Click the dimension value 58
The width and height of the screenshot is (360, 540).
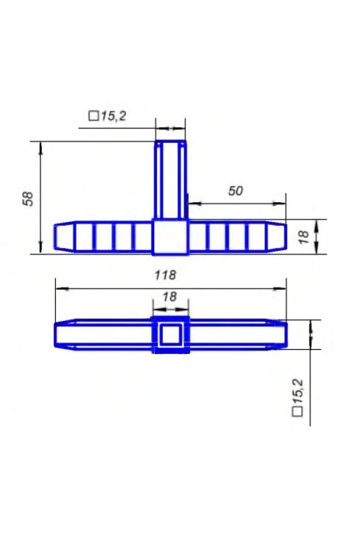tap(28, 199)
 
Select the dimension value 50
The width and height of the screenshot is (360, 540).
tap(236, 191)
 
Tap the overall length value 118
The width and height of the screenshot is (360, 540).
tap(166, 275)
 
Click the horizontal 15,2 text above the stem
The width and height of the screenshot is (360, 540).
tap(113, 116)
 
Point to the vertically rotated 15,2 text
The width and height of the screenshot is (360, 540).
tap(298, 391)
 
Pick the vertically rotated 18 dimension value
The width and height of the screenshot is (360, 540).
tap(304, 238)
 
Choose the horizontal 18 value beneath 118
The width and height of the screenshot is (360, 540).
tap(169, 296)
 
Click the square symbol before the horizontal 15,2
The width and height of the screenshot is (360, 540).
tap(94, 116)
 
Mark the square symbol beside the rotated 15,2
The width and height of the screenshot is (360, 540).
tap(298, 412)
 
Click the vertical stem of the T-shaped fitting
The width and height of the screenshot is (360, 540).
tap(170, 179)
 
